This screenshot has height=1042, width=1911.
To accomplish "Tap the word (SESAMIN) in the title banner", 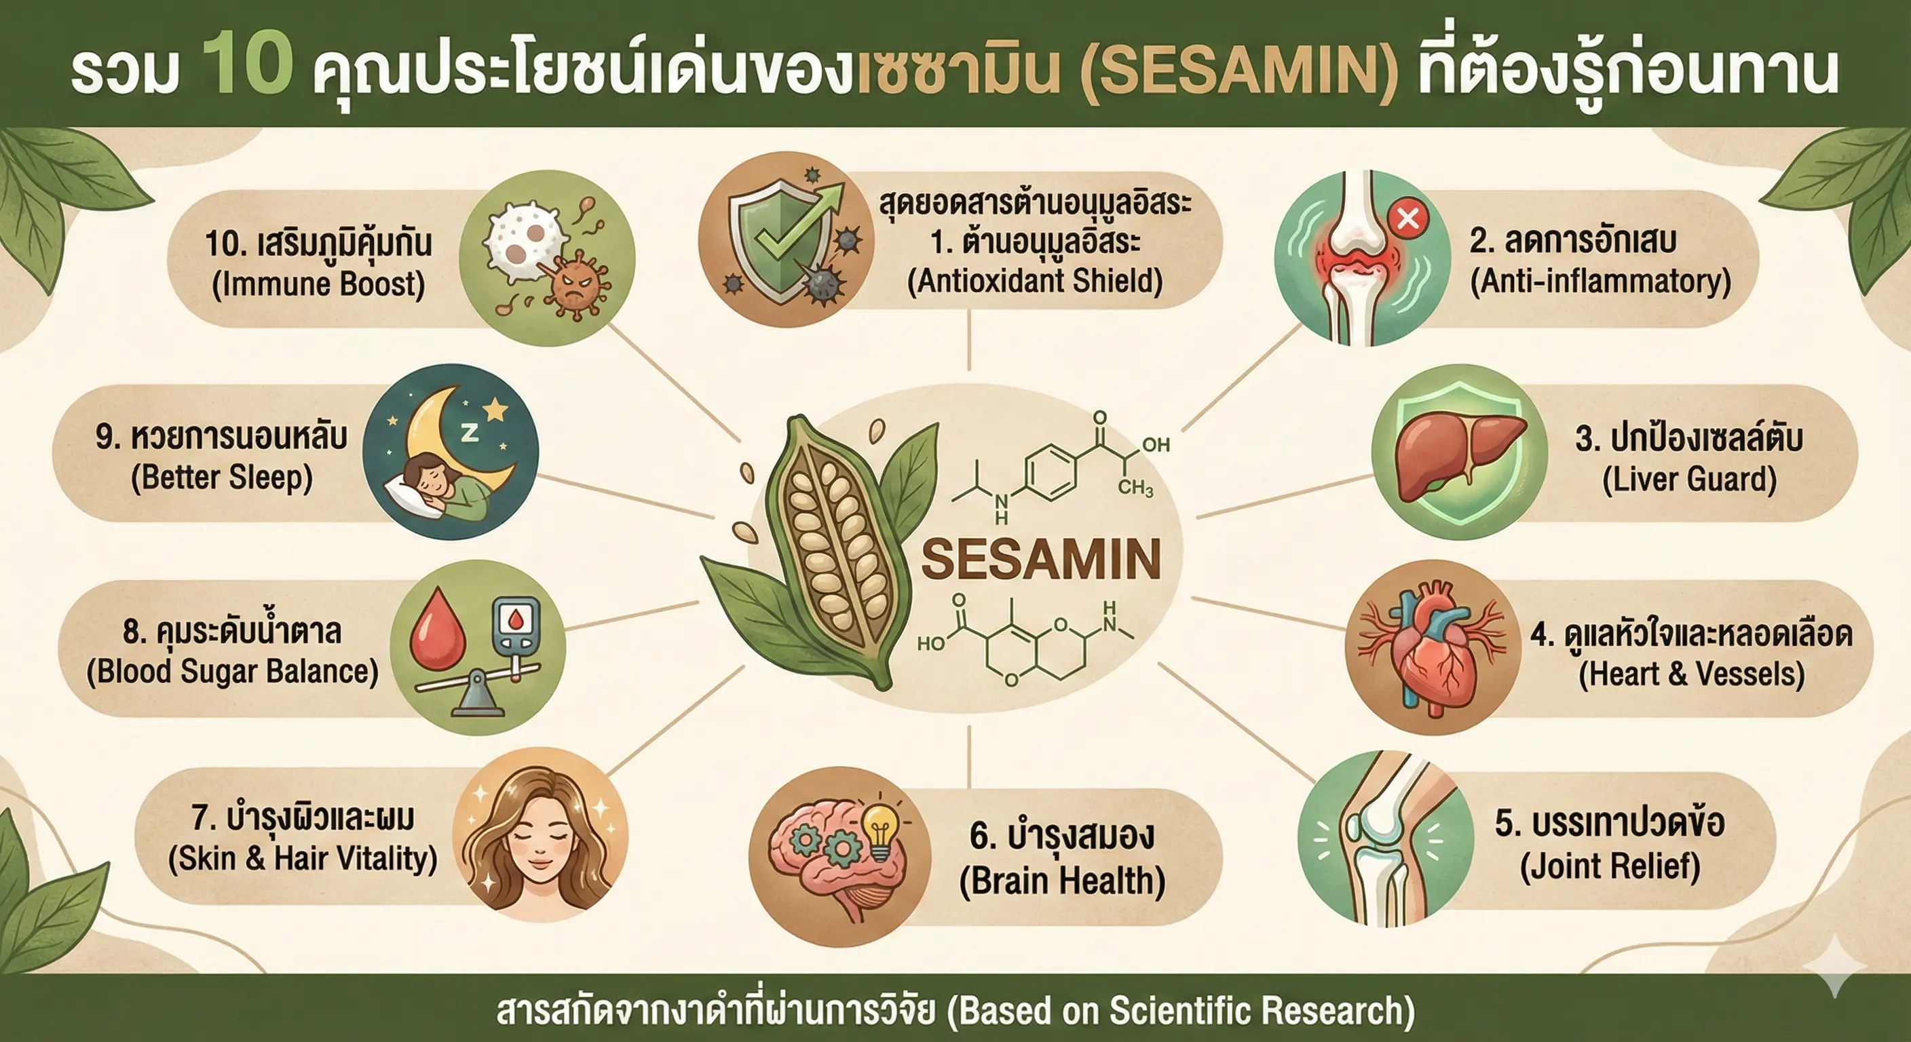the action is point(1238,73).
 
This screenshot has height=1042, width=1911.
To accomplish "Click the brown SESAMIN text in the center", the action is point(1041,559).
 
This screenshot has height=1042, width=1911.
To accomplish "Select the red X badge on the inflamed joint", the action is point(1407,218).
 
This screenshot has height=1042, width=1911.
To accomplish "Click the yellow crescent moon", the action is point(453,438).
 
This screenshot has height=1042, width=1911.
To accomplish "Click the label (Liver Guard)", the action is point(1689,479).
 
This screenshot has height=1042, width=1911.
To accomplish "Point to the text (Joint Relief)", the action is point(1610,866).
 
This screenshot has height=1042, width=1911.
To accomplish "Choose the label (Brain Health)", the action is point(1062,881).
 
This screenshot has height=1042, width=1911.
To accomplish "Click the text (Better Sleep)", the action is point(222,477).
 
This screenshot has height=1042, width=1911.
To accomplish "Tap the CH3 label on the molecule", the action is point(1135,487).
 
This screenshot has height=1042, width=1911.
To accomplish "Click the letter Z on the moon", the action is point(470,432).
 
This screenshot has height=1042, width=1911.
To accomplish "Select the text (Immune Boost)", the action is point(318,284).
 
